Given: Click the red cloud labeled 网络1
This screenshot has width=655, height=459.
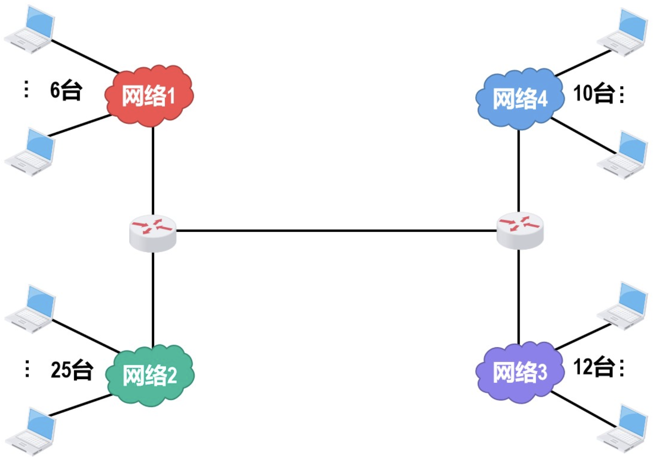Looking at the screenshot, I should click(149, 95).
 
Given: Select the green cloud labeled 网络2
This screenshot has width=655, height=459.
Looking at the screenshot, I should click(150, 375).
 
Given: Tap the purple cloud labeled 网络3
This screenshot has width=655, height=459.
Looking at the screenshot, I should click(519, 372).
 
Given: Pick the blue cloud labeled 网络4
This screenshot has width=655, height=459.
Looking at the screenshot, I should click(519, 98).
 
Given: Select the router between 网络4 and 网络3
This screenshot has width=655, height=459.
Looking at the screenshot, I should click(520, 230).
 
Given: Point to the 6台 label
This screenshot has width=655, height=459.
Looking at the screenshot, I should click(66, 90).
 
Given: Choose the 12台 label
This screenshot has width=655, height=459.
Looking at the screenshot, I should click(593, 367).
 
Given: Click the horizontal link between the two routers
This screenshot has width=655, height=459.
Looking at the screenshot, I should click(336, 230).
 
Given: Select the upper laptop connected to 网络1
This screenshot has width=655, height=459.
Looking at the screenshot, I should click(30, 30).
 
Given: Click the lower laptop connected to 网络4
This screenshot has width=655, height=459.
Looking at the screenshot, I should click(623, 155).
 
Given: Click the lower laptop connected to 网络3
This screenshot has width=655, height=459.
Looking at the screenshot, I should click(623, 429).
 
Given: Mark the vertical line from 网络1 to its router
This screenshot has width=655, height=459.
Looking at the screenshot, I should click(153, 170).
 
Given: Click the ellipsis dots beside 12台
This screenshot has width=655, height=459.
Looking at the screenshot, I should click(622, 367).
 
